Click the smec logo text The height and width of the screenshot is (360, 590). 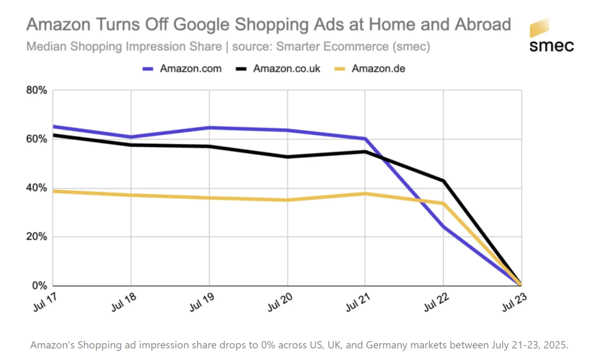point(551,45)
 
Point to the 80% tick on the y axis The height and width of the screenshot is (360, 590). point(37,90)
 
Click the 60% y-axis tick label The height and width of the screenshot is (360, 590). point(37,139)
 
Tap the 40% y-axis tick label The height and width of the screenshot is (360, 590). point(37,188)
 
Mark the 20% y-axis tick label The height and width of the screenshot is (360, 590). point(37,237)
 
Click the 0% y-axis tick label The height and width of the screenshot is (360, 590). point(39,286)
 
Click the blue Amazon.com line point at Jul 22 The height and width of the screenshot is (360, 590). point(444,227)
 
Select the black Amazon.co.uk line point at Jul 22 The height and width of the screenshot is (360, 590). point(444,181)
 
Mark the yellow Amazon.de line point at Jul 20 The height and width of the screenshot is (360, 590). point(287,200)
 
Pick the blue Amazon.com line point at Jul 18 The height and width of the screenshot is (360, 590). point(131,137)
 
